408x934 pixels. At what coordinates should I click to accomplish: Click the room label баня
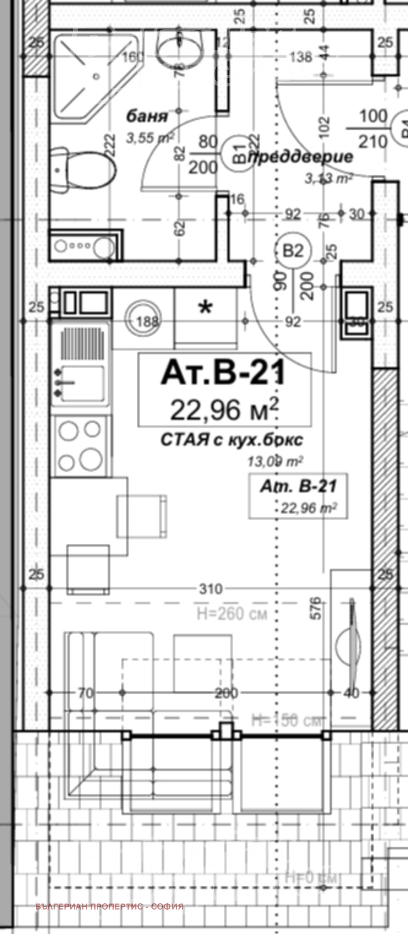(147, 117)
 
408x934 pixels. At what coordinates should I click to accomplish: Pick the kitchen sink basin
(82, 383)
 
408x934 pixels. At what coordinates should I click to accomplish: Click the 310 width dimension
(211, 589)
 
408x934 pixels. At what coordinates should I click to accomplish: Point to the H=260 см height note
(232, 614)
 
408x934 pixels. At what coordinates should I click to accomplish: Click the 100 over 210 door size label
(373, 129)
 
